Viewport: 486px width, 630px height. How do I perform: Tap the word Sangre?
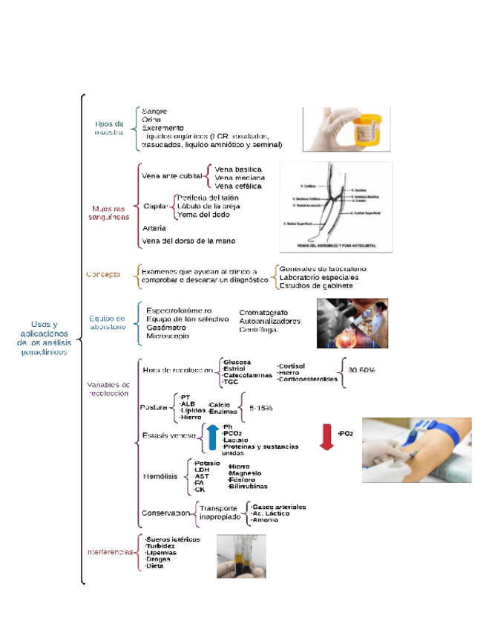[154, 111]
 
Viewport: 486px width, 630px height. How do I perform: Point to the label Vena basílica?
[237, 169]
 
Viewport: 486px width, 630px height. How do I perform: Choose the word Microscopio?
[168, 336]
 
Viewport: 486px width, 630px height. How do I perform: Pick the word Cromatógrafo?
[263, 313]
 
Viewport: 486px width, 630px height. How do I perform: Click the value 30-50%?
[361, 369]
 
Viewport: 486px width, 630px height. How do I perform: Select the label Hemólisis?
[159, 478]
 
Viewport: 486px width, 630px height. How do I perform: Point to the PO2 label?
[345, 433]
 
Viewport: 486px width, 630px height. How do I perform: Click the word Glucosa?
[238, 362]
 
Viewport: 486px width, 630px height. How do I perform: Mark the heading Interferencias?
[111, 552]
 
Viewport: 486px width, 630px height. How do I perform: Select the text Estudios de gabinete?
[316, 285]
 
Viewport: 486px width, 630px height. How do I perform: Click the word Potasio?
[207, 464]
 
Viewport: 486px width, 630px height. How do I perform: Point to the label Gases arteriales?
[280, 507]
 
